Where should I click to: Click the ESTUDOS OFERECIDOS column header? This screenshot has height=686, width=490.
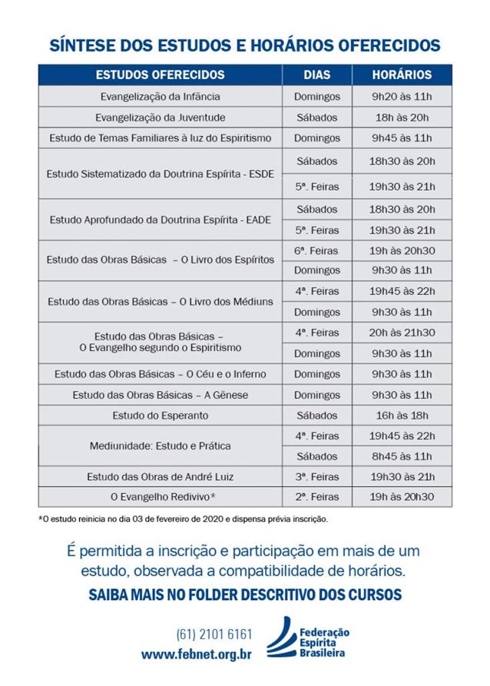160,75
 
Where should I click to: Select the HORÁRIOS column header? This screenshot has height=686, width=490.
402,75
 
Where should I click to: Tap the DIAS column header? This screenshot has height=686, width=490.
316,75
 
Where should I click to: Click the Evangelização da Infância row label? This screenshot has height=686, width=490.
160,97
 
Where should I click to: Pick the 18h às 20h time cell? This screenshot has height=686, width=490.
402,118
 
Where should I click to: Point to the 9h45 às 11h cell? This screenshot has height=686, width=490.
402,138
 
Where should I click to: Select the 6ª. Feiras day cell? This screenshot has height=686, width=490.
316,250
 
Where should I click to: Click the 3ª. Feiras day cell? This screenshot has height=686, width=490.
316,476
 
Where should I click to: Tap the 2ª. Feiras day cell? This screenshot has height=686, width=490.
316,497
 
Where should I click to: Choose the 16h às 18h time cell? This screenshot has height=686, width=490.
402,415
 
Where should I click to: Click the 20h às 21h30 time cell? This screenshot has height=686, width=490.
402,333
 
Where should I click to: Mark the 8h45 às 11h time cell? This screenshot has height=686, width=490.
402,456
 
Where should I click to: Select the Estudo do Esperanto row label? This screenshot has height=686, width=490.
160,415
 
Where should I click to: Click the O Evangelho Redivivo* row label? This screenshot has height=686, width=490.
160,497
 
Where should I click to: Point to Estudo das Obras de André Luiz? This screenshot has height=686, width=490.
160,476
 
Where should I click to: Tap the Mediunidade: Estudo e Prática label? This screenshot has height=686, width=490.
160,446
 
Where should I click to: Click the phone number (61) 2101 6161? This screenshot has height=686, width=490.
214,635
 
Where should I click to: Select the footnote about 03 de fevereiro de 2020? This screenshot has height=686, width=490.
183,519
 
